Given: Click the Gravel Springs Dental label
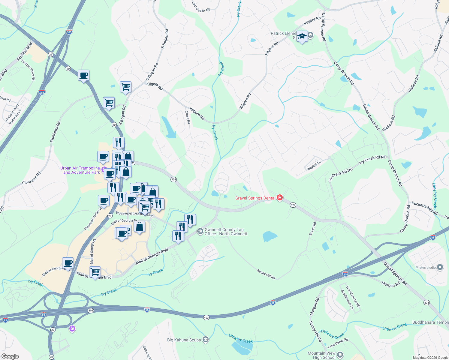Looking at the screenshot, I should (255, 198).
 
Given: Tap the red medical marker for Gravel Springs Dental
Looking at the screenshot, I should (280, 197).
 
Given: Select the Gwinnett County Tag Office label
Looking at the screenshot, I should (226, 232).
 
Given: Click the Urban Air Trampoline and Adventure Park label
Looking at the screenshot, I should (80, 170).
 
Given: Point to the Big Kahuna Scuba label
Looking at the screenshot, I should (184, 340).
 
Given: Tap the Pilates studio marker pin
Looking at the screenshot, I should (440, 267).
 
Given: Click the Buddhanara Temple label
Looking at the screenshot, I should (430, 322).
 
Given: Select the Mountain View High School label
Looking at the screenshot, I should (321, 355).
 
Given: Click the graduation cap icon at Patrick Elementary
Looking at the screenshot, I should (302, 37).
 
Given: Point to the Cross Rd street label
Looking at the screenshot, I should (188, 117).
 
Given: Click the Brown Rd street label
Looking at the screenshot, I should (312, 228).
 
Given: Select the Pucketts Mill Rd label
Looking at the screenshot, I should (424, 208).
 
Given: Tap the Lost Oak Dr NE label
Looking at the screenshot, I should (201, 7).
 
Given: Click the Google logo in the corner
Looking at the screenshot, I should (10, 356).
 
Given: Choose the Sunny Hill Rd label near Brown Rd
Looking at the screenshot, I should (266, 274).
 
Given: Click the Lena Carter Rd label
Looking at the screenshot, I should (338, 342).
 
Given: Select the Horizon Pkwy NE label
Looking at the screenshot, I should (28, 70).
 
